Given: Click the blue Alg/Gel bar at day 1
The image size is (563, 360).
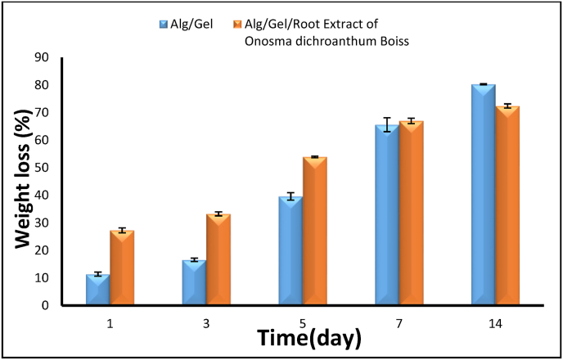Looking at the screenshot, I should click(97, 290).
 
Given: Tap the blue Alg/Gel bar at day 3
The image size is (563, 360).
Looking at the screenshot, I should click(194, 283).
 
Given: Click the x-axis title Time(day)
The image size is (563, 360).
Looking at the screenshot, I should click(309, 338).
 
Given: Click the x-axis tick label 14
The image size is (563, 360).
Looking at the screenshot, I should click(496, 322).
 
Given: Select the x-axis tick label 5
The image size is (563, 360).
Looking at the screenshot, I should click(303, 322).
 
